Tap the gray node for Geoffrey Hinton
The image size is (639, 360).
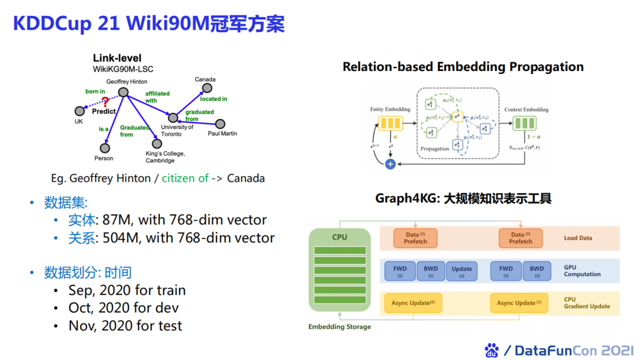coord(123,92)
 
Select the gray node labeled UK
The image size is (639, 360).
coord(79,111)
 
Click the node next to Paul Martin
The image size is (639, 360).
coord(220,124)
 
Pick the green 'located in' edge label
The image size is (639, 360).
coord(213,99)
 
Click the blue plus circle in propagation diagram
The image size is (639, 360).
coord(390,164)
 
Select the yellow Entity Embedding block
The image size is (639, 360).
coord(390,124)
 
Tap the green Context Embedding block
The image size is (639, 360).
coord(523,124)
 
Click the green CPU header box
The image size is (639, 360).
coord(340,237)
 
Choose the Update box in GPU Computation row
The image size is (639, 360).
coord(461,271)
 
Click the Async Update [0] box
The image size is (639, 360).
coord(414,303)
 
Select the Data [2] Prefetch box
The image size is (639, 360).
coord(415,238)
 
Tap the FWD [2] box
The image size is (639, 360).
coord(506,271)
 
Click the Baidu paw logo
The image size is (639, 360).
coord(492,350)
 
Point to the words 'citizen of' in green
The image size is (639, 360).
coord(185,178)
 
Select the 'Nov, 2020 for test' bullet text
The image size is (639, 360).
coord(125,326)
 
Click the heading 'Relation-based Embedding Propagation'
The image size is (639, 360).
coord(463,67)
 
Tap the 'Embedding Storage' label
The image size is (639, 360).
coord(340,326)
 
